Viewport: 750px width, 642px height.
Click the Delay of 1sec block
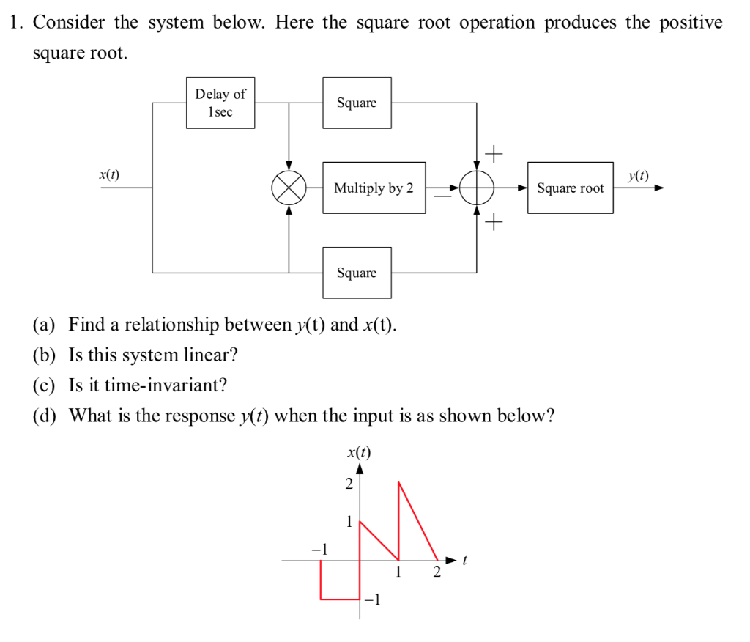pos(220,103)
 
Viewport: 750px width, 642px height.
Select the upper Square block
pos(357,103)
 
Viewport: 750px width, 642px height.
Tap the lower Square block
pos(357,273)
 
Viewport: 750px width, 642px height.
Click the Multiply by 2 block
pos(374,188)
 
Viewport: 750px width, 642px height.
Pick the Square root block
pos(570,188)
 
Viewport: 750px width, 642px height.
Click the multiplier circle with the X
pos(289,188)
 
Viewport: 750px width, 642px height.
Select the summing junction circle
pos(477,188)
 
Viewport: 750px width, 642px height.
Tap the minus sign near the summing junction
pos(442,196)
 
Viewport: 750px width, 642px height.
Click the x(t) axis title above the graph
pos(358,451)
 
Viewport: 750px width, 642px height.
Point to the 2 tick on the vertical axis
pos(349,484)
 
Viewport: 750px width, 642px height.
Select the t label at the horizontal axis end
pos(464,560)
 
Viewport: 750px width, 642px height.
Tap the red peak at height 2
pos(398,482)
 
